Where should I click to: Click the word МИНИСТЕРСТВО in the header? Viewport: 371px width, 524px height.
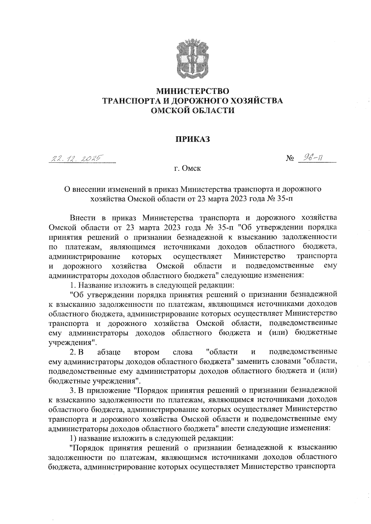pos(193,91)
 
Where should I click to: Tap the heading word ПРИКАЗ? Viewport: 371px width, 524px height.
pos(193,139)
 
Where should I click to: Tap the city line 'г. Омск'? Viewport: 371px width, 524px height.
pos(187,169)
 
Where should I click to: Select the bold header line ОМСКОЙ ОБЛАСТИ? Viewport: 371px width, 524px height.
pos(193,110)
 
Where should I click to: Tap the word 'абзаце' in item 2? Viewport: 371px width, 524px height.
pos(109,352)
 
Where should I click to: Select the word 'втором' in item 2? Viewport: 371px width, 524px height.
pos(147,352)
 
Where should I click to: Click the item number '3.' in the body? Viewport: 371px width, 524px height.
pos(73,390)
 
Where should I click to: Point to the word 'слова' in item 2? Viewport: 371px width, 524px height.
pos(183,352)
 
